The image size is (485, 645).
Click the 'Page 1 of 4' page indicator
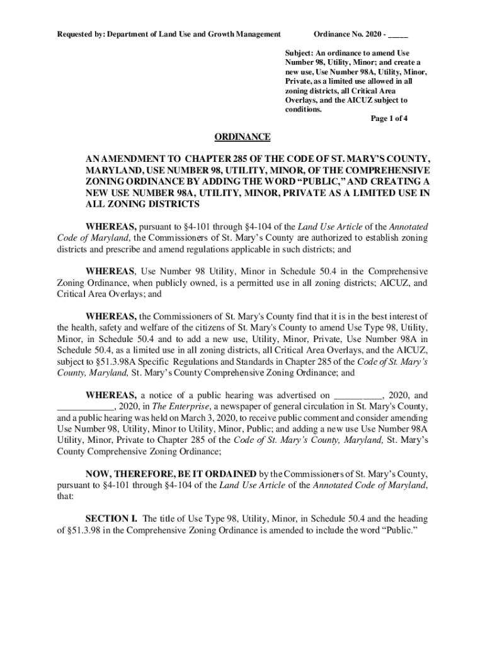[x=389, y=118]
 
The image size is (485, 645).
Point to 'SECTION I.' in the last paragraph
[x=111, y=519]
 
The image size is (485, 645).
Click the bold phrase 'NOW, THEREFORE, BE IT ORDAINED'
[x=171, y=474]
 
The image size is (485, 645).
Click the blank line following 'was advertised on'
[x=357, y=395]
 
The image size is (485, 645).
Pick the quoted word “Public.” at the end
[x=398, y=530]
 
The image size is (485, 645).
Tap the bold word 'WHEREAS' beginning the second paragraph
[x=110, y=271]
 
